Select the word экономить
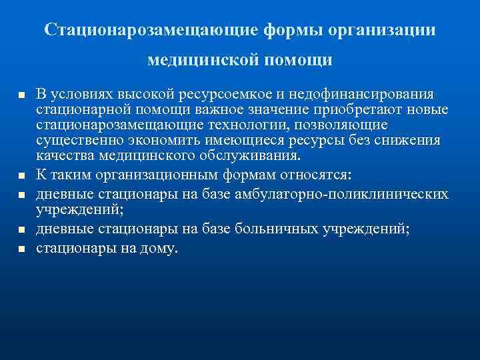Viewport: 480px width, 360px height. pos(174,141)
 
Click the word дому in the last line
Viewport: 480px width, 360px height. pos(159,249)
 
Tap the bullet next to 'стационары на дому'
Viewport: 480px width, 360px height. pos(21,249)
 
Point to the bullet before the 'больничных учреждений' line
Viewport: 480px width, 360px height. pos(21,230)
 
